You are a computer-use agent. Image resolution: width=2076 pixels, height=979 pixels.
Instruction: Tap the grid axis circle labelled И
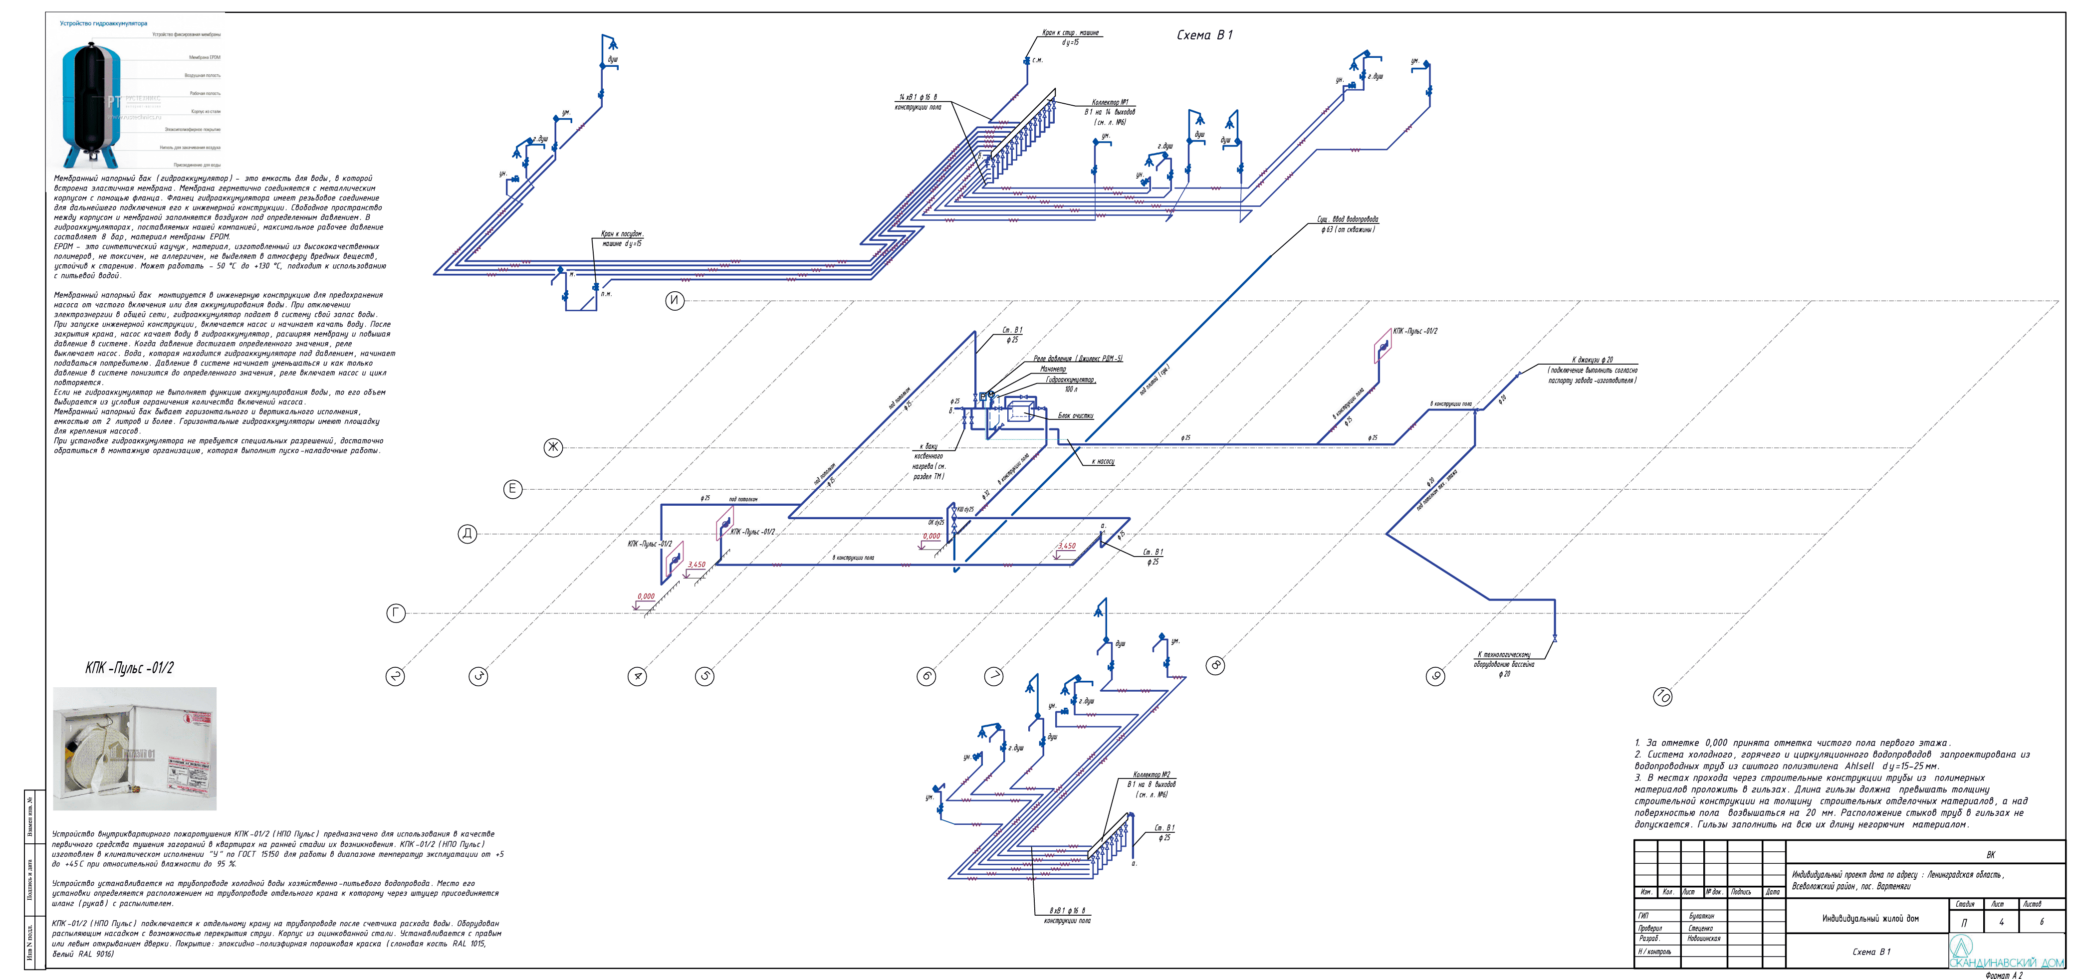[x=675, y=301]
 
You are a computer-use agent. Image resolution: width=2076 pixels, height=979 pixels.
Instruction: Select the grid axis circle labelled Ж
[x=553, y=447]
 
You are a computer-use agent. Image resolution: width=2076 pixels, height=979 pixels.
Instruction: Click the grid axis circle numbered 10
[x=1662, y=696]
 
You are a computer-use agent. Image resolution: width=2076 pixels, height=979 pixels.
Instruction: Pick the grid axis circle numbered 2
[x=395, y=676]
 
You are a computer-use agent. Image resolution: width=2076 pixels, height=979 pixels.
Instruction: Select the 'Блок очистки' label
[x=1075, y=416]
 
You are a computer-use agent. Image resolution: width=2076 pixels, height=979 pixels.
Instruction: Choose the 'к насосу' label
[x=1103, y=462]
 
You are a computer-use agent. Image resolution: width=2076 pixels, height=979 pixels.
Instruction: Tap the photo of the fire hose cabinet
[x=135, y=749]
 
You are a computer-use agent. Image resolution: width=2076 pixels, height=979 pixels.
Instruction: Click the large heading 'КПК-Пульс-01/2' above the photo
[x=129, y=668]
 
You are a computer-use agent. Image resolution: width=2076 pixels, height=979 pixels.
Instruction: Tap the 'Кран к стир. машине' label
[x=1070, y=33]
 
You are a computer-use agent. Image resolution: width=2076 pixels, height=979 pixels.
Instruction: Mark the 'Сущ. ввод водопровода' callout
[x=1348, y=219]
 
